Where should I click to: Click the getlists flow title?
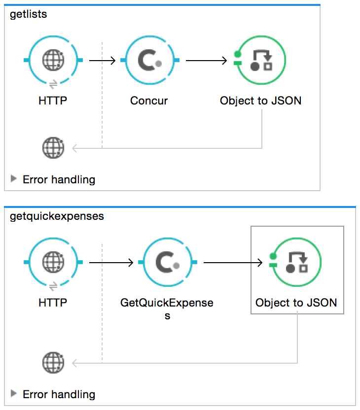tap(29, 14)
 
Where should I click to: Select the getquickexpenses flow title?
tap(57, 216)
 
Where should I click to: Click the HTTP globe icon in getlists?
tap(53, 61)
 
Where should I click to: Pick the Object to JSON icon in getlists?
tap(261, 61)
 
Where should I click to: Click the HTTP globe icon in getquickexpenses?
tap(53, 263)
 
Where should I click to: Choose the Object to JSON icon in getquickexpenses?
tap(296, 263)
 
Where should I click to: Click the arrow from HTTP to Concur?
tap(102, 61)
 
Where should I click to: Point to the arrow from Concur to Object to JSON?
tap(206, 61)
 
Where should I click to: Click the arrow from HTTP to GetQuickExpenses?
tap(111, 263)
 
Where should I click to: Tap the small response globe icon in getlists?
tap(53, 147)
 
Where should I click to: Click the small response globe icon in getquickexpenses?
tap(53, 363)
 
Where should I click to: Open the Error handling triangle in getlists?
tap(14, 178)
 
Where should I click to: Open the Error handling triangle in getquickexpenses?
tap(14, 394)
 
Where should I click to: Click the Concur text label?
tap(149, 101)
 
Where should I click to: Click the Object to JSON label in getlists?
tap(261, 101)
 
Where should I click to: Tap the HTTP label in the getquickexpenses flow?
tap(53, 303)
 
